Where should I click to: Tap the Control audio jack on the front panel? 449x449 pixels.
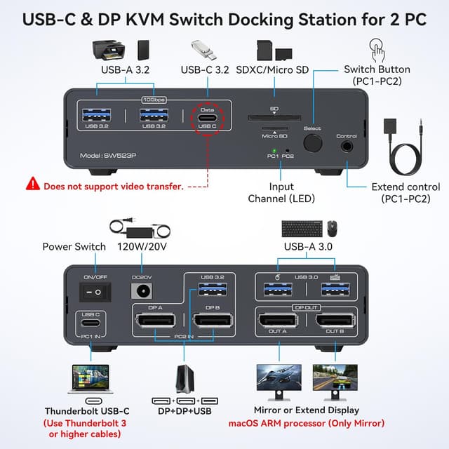(x=347, y=146)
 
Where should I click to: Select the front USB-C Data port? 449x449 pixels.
(x=207, y=119)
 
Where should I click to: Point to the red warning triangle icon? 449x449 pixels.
(x=33, y=185)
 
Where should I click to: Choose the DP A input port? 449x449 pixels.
(x=156, y=323)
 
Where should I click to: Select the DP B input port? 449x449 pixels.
(x=213, y=323)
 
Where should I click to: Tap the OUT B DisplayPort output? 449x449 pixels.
(x=335, y=323)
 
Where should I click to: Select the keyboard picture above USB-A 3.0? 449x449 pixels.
(x=302, y=228)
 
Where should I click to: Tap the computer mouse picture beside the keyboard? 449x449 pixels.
(x=331, y=228)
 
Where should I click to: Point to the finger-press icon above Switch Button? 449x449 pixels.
(x=377, y=51)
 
